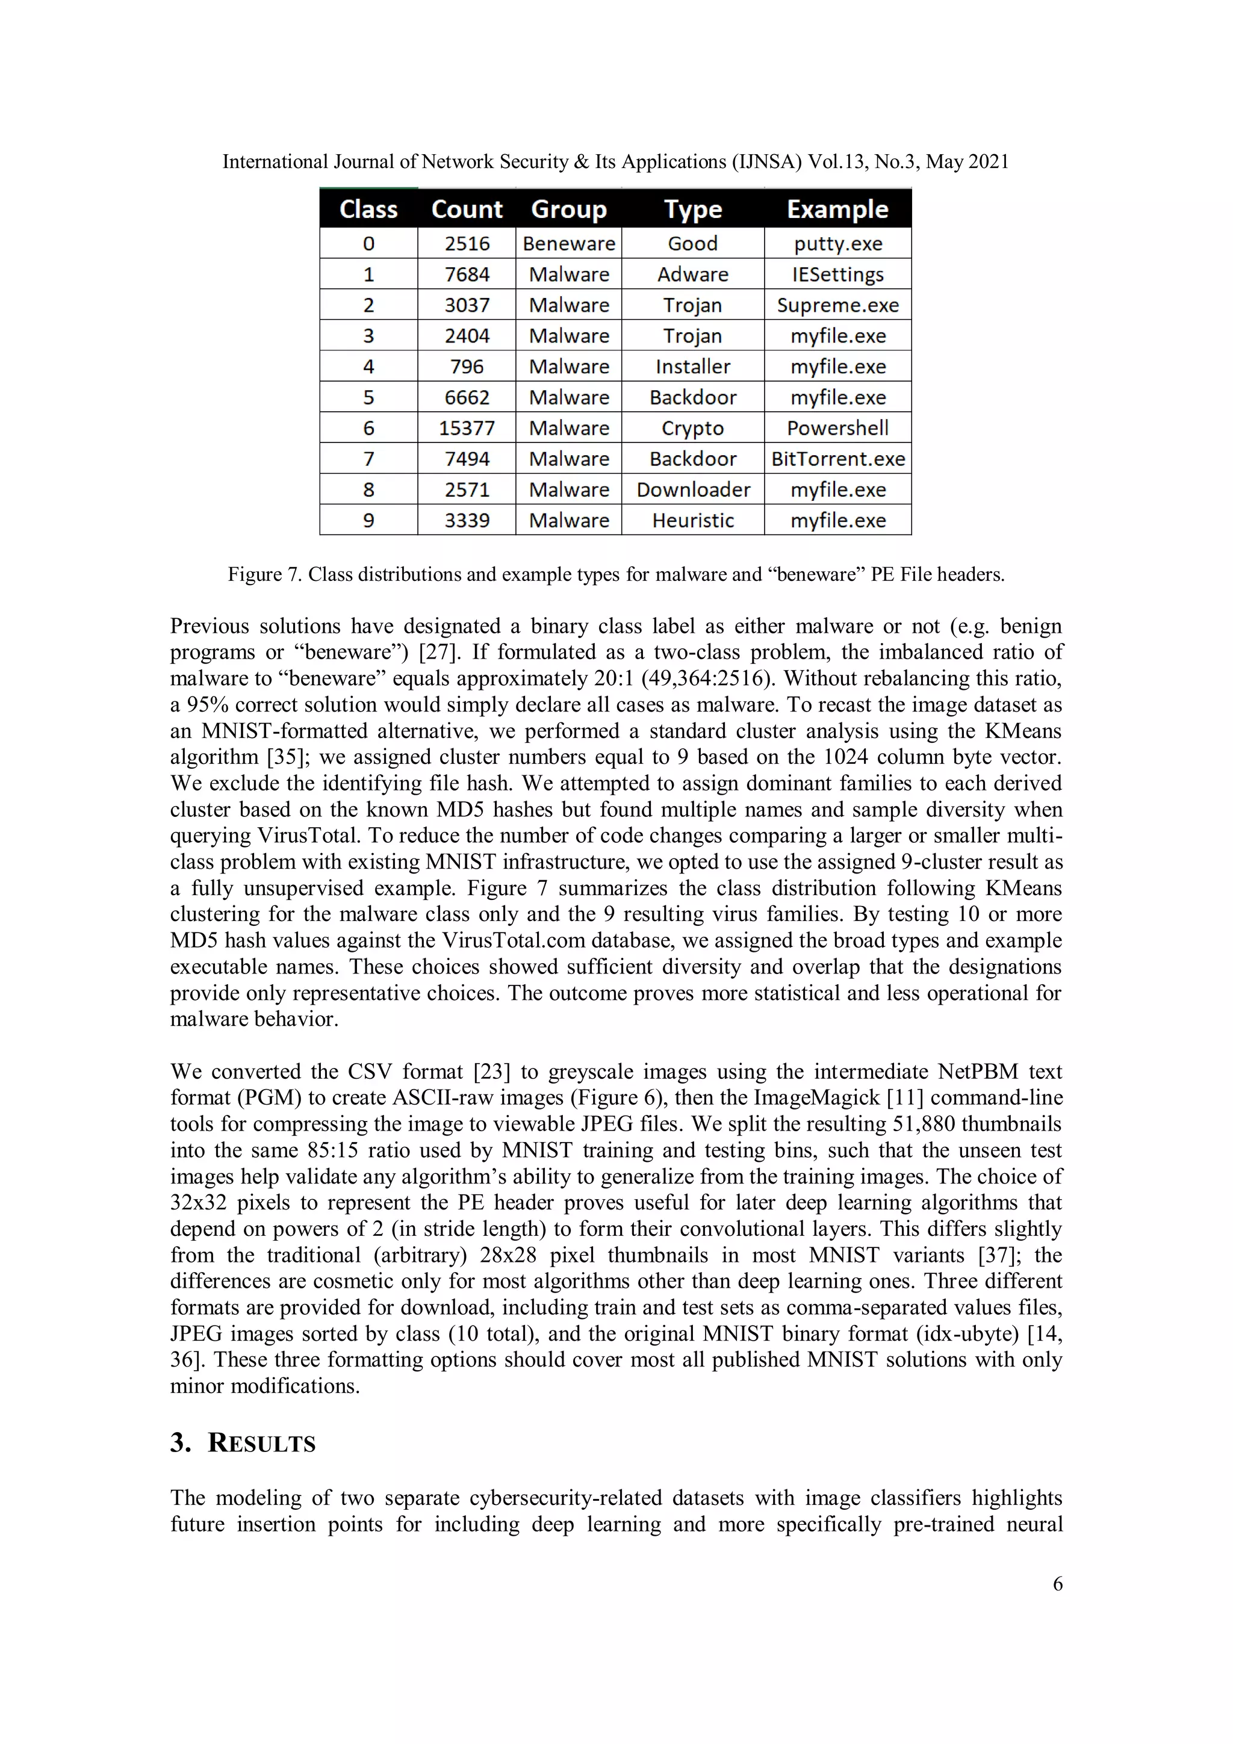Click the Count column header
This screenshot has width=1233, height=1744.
tap(467, 209)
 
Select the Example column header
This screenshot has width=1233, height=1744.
tap(837, 209)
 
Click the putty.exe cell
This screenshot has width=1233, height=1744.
tap(837, 244)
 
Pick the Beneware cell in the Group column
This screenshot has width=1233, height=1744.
tap(568, 244)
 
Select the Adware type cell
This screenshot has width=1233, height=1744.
tap(692, 274)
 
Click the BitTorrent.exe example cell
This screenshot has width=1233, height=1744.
tap(837, 459)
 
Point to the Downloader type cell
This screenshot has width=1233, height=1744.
tap(692, 490)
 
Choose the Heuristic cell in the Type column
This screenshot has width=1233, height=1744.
tap(692, 520)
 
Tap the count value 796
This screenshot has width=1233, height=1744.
tap(467, 367)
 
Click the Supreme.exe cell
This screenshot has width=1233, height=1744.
tap(837, 305)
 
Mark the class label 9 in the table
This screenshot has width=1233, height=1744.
tap(368, 520)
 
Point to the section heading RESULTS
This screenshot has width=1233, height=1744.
tap(261, 1443)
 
